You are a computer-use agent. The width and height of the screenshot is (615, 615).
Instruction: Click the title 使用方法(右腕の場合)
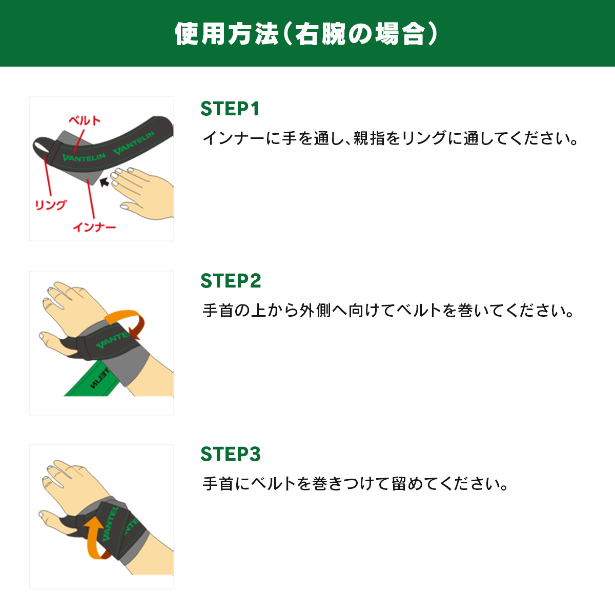pyautogui.click(x=306, y=33)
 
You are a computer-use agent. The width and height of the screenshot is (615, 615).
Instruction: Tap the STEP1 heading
pyautogui.click(x=230, y=109)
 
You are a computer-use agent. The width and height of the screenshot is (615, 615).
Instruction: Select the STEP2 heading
pyautogui.click(x=231, y=281)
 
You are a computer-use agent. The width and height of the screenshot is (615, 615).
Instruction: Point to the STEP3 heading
pyautogui.click(x=231, y=454)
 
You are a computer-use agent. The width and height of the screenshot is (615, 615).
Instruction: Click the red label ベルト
pyautogui.click(x=85, y=120)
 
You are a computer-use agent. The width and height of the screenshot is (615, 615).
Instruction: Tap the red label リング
pyautogui.click(x=50, y=204)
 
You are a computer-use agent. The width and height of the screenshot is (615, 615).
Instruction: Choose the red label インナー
pyautogui.click(x=94, y=227)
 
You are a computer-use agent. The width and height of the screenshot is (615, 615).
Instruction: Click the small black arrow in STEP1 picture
pyautogui.click(x=104, y=182)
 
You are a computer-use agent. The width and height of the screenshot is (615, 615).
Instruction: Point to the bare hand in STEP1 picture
pyautogui.click(x=143, y=193)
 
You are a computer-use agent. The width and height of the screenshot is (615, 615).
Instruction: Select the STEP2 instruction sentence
pyautogui.click(x=388, y=311)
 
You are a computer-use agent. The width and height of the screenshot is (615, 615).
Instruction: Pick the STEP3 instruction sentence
pyautogui.click(x=355, y=484)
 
